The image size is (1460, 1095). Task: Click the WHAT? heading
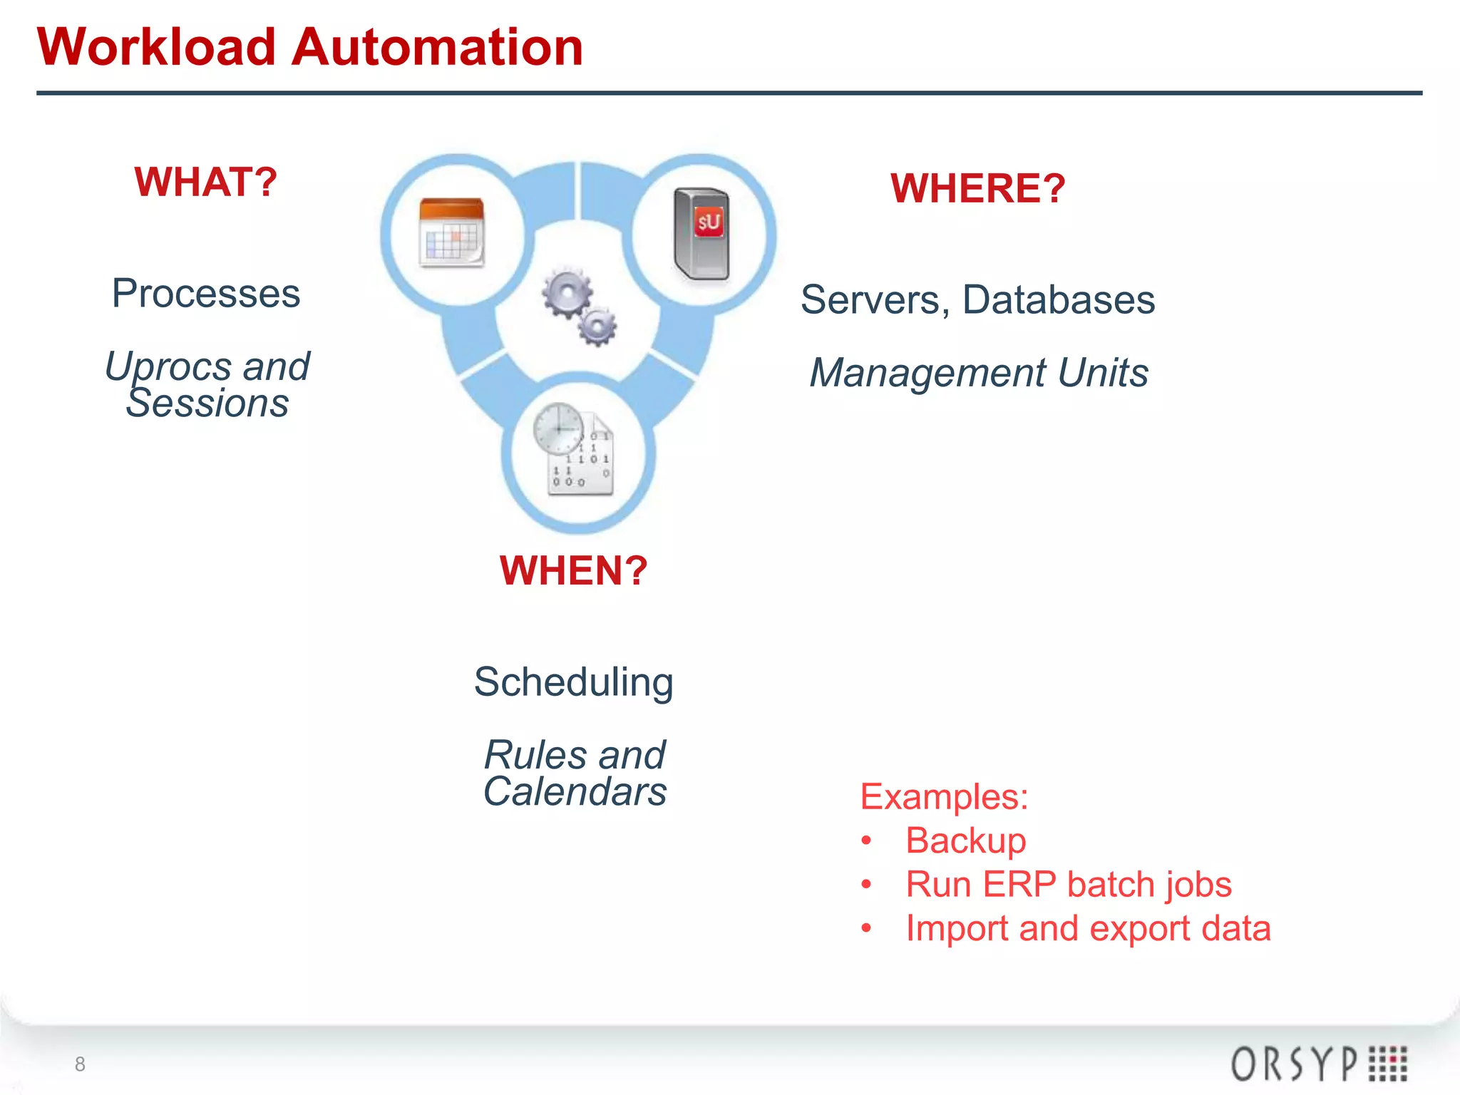click(x=205, y=182)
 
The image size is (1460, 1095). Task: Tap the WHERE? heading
click(x=977, y=189)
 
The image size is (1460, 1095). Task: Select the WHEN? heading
click(x=574, y=571)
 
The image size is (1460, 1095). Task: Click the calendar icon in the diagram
click(x=452, y=233)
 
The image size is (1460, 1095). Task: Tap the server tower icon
click(x=702, y=234)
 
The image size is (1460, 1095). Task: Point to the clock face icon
click(x=558, y=428)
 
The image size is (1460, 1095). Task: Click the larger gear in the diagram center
click(x=567, y=294)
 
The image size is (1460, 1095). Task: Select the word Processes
click(x=206, y=294)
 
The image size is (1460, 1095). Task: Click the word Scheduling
click(x=574, y=682)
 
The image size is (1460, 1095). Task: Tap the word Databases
click(x=1059, y=300)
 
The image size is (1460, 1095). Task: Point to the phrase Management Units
click(x=979, y=373)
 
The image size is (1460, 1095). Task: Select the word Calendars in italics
click(x=575, y=792)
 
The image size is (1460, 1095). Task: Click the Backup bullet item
click(x=965, y=840)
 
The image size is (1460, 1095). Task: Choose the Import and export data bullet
click(x=1088, y=929)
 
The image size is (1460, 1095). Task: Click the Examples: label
click(x=944, y=797)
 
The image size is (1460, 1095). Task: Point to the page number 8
click(x=80, y=1064)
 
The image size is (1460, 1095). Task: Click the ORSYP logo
click(x=1318, y=1064)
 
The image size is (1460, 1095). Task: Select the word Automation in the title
click(x=438, y=48)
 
